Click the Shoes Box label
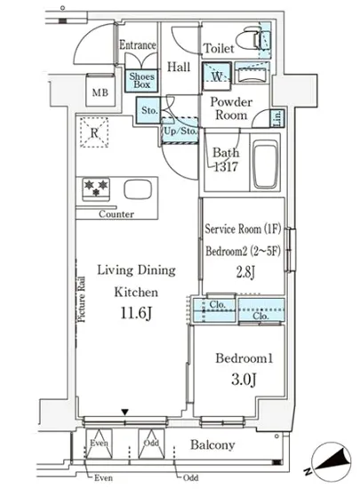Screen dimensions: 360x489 pos(142,80)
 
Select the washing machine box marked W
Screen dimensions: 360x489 pos(217,76)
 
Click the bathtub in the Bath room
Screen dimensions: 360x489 pos(265,164)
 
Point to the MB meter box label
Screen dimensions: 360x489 pos(100,92)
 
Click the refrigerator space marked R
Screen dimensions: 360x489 pos(94,132)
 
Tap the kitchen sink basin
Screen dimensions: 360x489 pos(138,189)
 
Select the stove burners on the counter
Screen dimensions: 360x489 pos(96,189)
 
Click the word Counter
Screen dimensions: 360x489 pos(116,214)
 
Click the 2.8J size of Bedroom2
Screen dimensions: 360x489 pos(245,272)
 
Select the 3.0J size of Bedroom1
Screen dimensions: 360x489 pos(244,380)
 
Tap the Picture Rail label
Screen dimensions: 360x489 pos(82,299)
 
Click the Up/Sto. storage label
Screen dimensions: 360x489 pos(180,131)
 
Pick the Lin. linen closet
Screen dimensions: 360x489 pos(277,118)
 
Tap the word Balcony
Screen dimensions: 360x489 pos(212,445)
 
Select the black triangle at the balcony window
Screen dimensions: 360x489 pos(125,413)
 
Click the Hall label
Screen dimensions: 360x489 pos(179,67)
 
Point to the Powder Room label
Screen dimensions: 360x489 pos(231,108)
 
